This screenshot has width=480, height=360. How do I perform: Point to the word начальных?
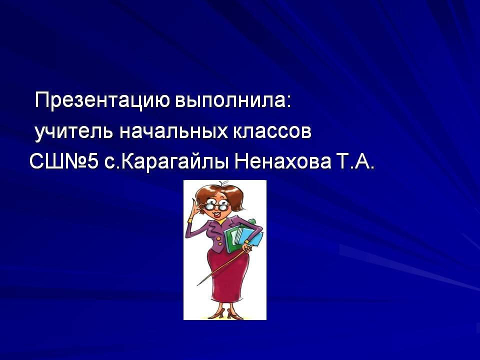coord(173,131)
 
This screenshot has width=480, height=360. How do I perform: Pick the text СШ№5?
coord(64,161)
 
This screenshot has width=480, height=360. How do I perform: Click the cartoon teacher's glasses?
coord(216,205)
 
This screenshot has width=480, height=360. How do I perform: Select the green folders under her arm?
coord(243,235)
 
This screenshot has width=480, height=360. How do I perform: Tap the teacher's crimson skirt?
coord(227,275)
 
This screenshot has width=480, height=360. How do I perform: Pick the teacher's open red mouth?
coord(217,214)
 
